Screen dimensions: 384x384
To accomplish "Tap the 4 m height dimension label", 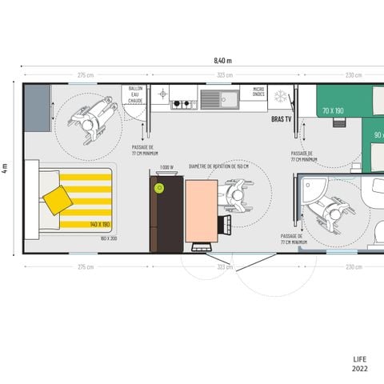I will pos(5,168).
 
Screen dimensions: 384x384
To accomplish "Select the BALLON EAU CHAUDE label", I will pos(135,94).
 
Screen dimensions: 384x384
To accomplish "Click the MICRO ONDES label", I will pos(258,92).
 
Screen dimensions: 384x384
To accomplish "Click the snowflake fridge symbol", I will pos(281,96).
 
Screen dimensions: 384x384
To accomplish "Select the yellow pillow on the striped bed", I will pos(58,198).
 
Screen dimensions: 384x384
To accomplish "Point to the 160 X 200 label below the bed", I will pos(109,238).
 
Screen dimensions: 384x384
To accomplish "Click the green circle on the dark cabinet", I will pos(159,189).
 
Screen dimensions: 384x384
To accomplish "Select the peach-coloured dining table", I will pos(201,210).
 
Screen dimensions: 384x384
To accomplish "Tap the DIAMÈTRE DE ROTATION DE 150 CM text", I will pos(218,166).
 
